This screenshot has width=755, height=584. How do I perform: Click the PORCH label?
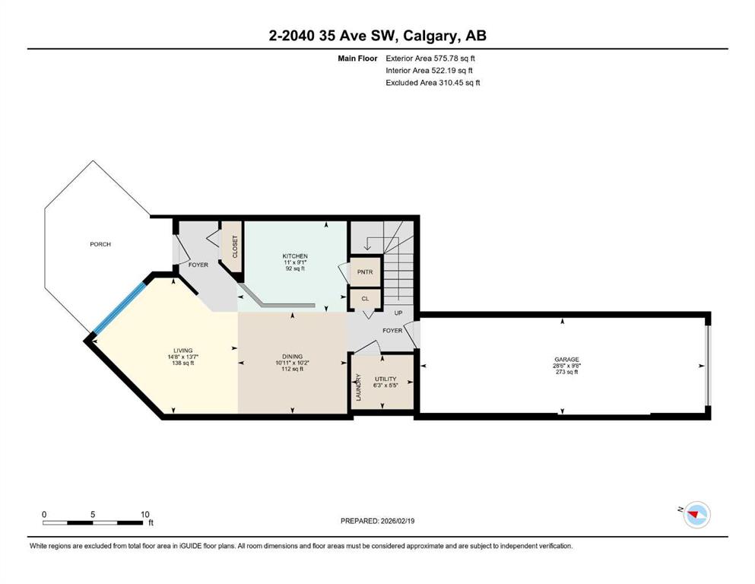100,244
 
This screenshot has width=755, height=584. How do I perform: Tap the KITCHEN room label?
295,256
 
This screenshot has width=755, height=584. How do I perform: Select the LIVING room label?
183,351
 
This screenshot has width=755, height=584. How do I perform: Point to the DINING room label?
292,357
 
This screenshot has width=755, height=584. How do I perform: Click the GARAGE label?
566,359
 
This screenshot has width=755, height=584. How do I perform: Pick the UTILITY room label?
385,379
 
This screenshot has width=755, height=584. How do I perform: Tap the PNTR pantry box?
365,272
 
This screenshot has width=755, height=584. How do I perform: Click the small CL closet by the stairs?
365,299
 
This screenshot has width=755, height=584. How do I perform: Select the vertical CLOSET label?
235,246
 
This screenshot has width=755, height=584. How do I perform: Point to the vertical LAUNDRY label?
358,388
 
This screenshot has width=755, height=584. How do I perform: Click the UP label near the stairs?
398,313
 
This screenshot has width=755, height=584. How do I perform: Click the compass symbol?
696,515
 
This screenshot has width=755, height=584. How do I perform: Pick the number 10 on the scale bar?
145,514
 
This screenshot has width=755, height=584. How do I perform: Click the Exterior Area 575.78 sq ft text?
430,59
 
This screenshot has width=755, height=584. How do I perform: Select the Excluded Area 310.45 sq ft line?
433,82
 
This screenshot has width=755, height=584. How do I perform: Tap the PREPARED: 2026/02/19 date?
377,521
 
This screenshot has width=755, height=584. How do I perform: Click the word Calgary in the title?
430,36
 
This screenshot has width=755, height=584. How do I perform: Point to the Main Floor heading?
358,59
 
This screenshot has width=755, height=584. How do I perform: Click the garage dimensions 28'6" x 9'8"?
566,366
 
